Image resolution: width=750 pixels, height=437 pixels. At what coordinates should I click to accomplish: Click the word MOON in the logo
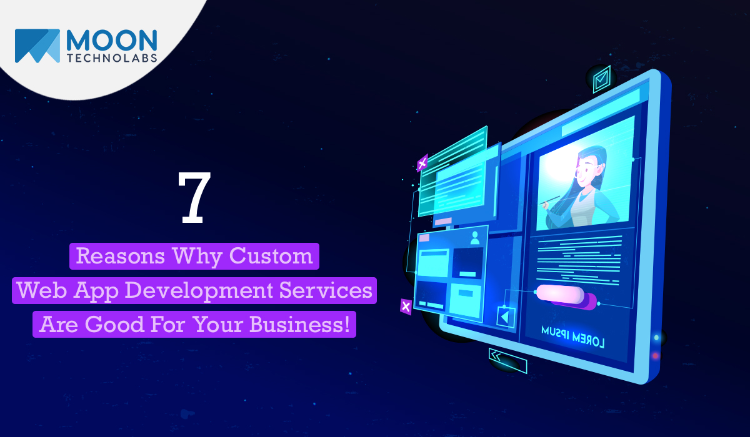coord(112,41)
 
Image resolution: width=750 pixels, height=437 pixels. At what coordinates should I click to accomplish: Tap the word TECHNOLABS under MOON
coord(112,58)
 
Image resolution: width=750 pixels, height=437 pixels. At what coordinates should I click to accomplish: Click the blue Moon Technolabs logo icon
coord(37,46)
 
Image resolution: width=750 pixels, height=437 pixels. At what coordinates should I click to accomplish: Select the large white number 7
coord(194,198)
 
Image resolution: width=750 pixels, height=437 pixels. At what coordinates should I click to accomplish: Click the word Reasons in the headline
coord(121,256)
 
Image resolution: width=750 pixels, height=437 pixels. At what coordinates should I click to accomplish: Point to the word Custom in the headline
coord(271,256)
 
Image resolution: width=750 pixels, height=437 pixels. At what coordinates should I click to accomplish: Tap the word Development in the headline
coord(199,290)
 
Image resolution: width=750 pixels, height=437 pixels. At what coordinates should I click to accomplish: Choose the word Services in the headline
coord(326,290)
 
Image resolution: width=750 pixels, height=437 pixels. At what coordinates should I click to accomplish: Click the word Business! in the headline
coord(299,325)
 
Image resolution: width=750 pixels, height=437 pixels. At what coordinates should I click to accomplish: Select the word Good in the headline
coord(114,325)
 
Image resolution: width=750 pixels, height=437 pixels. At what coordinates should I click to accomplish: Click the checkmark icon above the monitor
coord(602,79)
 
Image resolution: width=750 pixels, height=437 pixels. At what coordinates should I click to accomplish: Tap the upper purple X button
coord(422,163)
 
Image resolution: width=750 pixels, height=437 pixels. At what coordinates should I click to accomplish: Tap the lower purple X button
coord(406,307)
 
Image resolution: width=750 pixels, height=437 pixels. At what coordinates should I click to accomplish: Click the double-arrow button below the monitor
coord(507,361)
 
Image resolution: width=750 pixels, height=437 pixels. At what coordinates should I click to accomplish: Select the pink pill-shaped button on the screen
coord(561,294)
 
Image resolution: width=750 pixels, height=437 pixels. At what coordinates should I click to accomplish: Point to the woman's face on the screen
coord(589,170)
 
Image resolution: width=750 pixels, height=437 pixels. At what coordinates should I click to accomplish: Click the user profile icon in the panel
coord(475,238)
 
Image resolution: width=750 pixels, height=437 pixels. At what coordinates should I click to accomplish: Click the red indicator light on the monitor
coord(656,356)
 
